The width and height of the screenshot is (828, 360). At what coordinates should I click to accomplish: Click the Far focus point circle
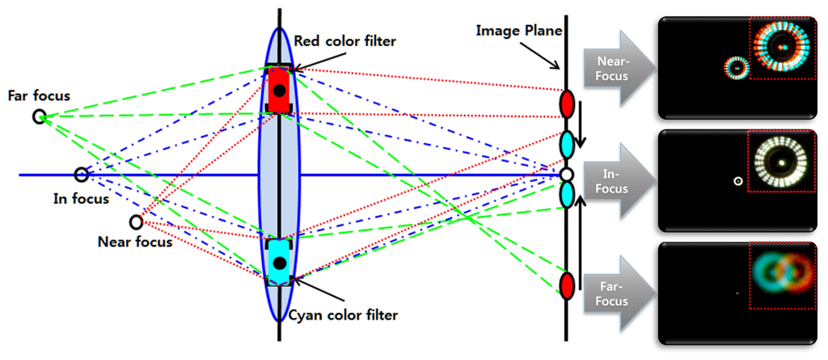pos(38,117)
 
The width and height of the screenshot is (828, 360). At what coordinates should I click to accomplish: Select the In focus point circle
pos(81,174)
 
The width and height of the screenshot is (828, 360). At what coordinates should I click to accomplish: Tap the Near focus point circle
pos(136,222)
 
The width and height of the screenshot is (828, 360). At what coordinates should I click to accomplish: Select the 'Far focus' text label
pos(39,95)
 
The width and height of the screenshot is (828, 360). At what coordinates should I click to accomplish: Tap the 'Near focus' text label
pos(134,241)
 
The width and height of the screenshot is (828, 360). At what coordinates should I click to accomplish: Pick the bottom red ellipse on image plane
pos(567,284)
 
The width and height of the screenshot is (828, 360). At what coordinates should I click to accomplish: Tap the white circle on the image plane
pos(567,174)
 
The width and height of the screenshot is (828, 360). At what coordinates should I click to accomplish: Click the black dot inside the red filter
pos(278,90)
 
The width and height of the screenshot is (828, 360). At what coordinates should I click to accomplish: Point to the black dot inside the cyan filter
pos(278,262)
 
